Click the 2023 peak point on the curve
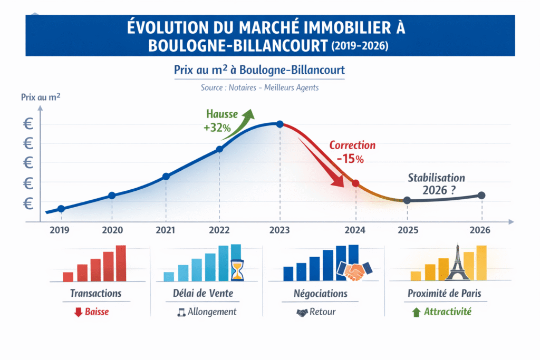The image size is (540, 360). (x=279, y=124)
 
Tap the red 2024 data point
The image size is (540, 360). (x=355, y=183)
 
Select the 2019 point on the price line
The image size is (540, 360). (x=61, y=209)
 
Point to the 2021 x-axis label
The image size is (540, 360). (x=166, y=230)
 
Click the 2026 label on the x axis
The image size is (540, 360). (x=479, y=230)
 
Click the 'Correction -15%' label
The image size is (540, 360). (x=352, y=151)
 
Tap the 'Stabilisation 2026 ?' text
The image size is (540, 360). (x=436, y=184)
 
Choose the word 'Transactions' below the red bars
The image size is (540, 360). (x=95, y=293)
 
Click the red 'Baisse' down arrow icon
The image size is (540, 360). (x=78, y=312)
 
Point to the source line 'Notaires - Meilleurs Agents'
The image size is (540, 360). (x=259, y=87)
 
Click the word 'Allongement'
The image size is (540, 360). (x=212, y=312)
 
